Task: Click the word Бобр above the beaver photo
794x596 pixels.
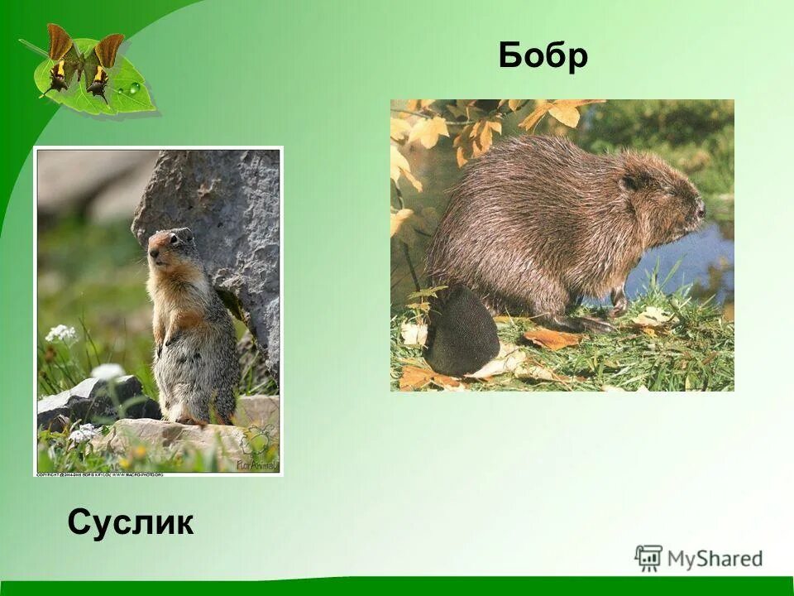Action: tap(543, 56)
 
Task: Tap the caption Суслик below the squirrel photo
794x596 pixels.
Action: tap(131, 522)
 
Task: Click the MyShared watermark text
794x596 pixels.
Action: tap(715, 559)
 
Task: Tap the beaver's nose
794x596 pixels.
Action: tap(700, 209)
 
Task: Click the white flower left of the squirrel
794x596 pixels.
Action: tap(61, 334)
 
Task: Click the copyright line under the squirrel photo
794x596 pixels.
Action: tap(99, 474)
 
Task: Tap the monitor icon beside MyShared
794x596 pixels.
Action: tap(648, 558)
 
